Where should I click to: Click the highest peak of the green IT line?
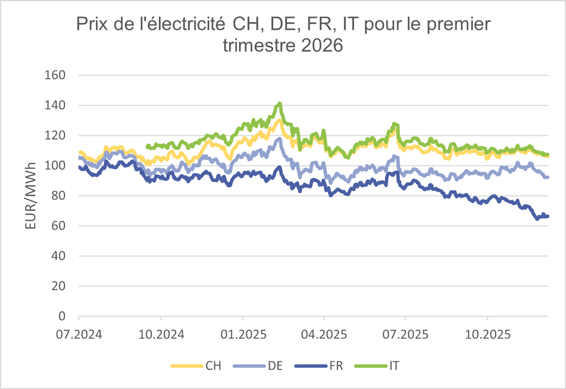click(x=280, y=103)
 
